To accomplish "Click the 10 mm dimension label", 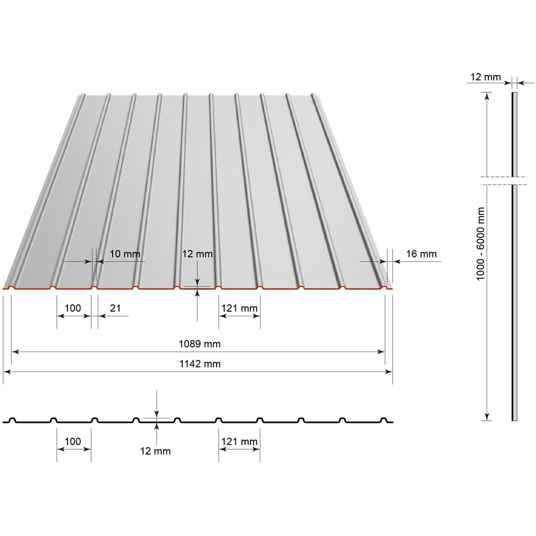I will point(124,254).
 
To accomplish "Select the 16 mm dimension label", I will point(422,254).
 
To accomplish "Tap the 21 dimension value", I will point(115,308).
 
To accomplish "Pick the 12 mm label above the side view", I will point(485,77).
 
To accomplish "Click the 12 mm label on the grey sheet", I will point(198,254).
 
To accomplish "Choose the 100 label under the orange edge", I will point(72,308).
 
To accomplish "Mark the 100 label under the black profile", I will point(72,441).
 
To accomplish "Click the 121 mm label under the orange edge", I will point(240,308).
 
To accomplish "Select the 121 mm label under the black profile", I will point(240,441).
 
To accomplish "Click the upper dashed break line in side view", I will point(504,176).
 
